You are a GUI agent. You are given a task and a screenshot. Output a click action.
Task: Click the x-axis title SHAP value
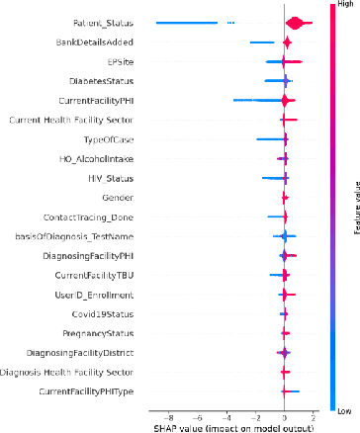click(x=232, y=427)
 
